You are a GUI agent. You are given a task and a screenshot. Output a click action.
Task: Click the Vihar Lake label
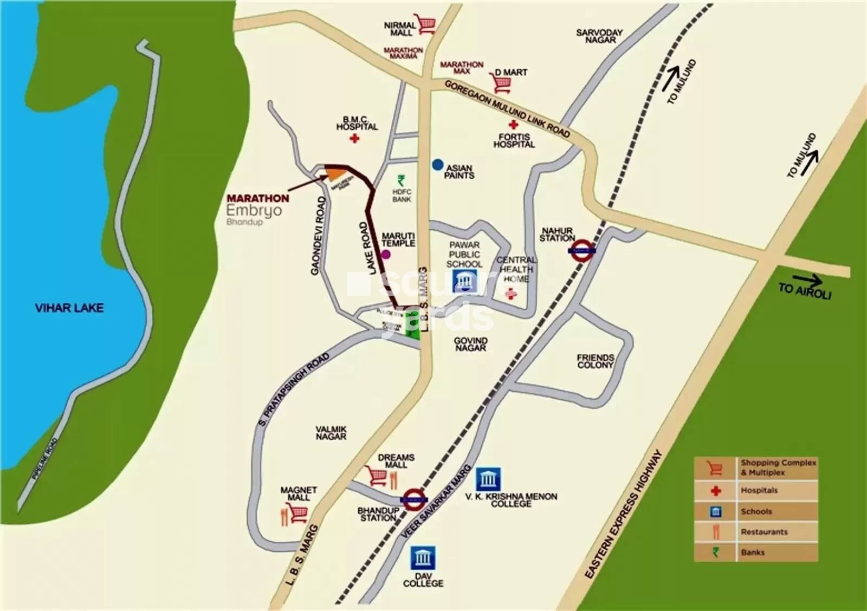pyautogui.click(x=69, y=308)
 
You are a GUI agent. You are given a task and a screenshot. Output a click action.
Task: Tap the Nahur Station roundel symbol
pyautogui.click(x=583, y=250)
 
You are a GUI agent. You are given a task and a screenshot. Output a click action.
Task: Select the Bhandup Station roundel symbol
pyautogui.click(x=414, y=499)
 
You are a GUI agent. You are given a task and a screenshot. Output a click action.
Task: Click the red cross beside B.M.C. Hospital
pyautogui.click(x=354, y=139)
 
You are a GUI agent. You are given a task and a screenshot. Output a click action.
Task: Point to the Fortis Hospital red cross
pyautogui.click(x=513, y=125)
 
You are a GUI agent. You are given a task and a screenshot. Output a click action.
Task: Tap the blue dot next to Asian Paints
pyautogui.click(x=438, y=165)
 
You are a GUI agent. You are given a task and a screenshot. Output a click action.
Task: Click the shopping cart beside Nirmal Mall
pyautogui.click(x=426, y=24)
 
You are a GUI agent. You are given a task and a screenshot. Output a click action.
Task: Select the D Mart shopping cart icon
pyautogui.click(x=502, y=83)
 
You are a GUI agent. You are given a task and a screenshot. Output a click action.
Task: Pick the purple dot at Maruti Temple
pyautogui.click(x=386, y=254)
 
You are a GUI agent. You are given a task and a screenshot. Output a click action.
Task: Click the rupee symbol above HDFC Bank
pyautogui.click(x=402, y=180)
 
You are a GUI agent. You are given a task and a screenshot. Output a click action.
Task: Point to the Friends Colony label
pyautogui.click(x=595, y=361)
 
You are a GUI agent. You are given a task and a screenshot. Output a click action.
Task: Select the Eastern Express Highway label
pyautogui.click(x=625, y=515)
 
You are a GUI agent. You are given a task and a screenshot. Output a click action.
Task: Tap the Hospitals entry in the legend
pyautogui.click(x=759, y=491)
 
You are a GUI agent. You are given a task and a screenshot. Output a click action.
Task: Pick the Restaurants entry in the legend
pyautogui.click(x=764, y=532)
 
